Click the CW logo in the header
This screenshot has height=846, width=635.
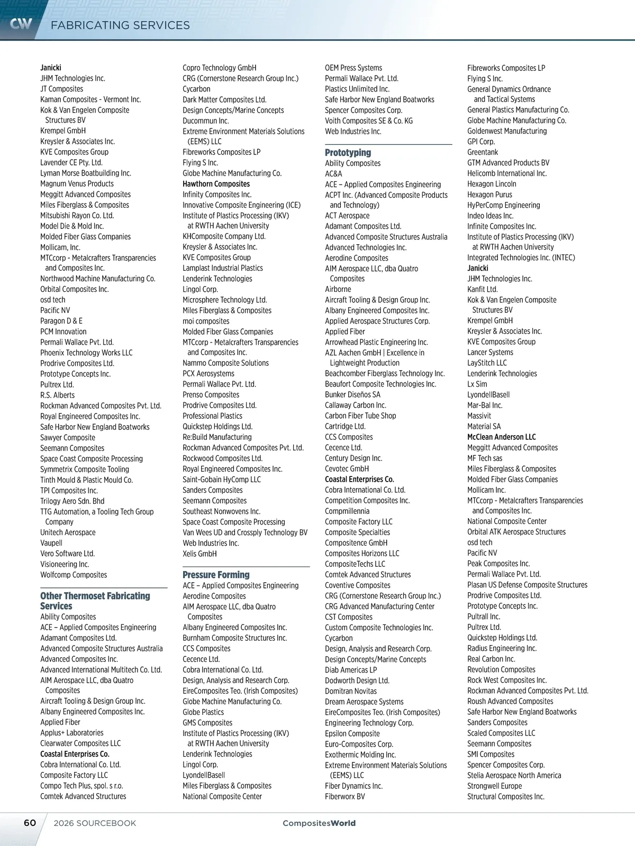point(21,23)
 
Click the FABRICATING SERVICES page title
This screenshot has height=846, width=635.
point(120,25)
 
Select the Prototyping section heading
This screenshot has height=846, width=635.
point(348,152)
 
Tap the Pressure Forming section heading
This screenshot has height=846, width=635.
point(216,575)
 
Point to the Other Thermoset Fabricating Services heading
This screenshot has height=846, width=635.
point(95,601)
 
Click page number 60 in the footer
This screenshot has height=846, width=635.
point(30,823)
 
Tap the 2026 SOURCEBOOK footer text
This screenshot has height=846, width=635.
point(95,823)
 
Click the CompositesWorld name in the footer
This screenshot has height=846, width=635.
point(319,823)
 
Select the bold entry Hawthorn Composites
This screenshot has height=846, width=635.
point(216,184)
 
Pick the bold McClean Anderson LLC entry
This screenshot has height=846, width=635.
point(501,437)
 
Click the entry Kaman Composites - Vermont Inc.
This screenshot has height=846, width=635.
point(90,99)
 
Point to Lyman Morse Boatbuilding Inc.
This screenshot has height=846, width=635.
point(85,173)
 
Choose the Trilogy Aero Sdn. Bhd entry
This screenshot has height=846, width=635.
point(72,501)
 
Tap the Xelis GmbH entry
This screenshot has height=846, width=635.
point(199,554)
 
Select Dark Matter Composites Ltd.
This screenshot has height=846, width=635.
point(224,99)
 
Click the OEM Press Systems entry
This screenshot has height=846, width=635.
point(353,68)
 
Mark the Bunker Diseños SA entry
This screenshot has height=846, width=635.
point(352,395)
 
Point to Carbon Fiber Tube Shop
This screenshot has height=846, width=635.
point(360,416)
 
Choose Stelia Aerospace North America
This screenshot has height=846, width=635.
point(514,775)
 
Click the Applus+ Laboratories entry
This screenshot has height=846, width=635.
point(72,733)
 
